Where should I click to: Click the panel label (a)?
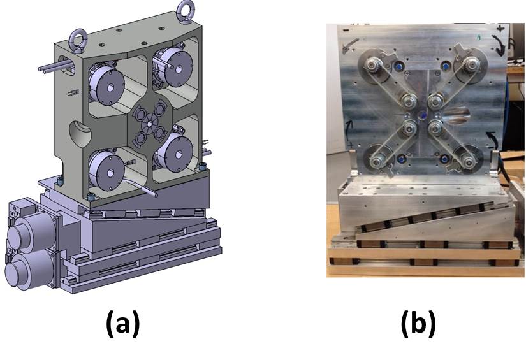point(123,324)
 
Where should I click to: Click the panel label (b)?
point(419,324)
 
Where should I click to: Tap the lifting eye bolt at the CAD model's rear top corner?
point(185,10)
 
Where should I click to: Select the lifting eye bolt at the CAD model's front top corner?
point(78,41)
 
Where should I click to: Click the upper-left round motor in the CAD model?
point(106,85)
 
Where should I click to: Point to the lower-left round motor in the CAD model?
point(106,170)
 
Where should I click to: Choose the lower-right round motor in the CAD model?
point(174,152)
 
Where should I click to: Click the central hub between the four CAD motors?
point(150,124)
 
